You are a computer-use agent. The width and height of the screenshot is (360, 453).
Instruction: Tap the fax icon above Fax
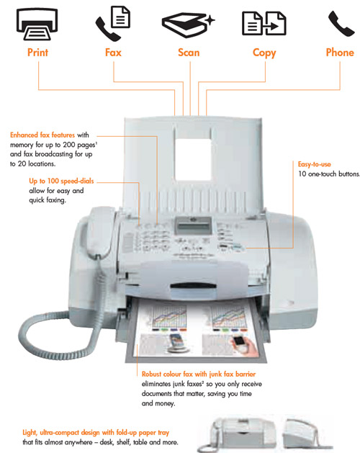114,24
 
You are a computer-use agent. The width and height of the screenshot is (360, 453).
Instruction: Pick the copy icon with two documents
264,24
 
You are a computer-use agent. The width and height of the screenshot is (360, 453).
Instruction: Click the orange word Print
40,53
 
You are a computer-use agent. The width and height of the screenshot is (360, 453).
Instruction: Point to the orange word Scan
189,53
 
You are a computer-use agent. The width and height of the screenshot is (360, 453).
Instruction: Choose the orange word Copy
264,53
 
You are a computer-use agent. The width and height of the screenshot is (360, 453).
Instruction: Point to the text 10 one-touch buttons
328,174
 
